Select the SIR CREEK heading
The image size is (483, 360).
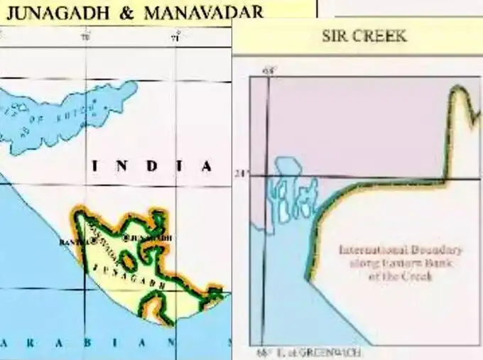tap(364, 36)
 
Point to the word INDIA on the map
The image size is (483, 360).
tap(152, 166)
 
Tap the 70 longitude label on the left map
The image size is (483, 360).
tap(85, 38)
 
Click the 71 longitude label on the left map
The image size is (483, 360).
tap(175, 38)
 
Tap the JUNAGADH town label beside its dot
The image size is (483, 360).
tap(152, 237)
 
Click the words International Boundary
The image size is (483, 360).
tap(401, 251)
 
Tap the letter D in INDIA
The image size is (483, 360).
tap(152, 166)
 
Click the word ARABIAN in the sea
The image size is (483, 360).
tap(85, 344)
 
